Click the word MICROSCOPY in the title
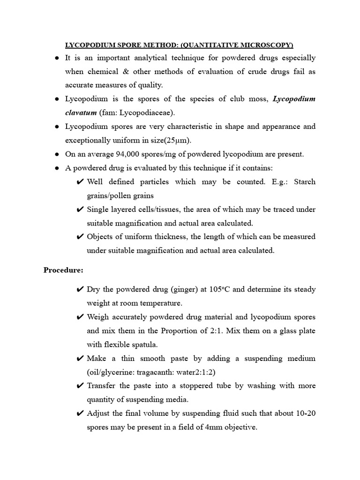point(263,45)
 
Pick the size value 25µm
point(179,140)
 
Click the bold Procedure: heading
point(63,270)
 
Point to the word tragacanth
point(157,372)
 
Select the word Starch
point(304,181)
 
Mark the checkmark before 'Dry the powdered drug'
point(80,289)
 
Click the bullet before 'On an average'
point(57,154)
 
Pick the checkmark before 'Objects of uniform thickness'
point(80,237)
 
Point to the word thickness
point(168,237)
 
